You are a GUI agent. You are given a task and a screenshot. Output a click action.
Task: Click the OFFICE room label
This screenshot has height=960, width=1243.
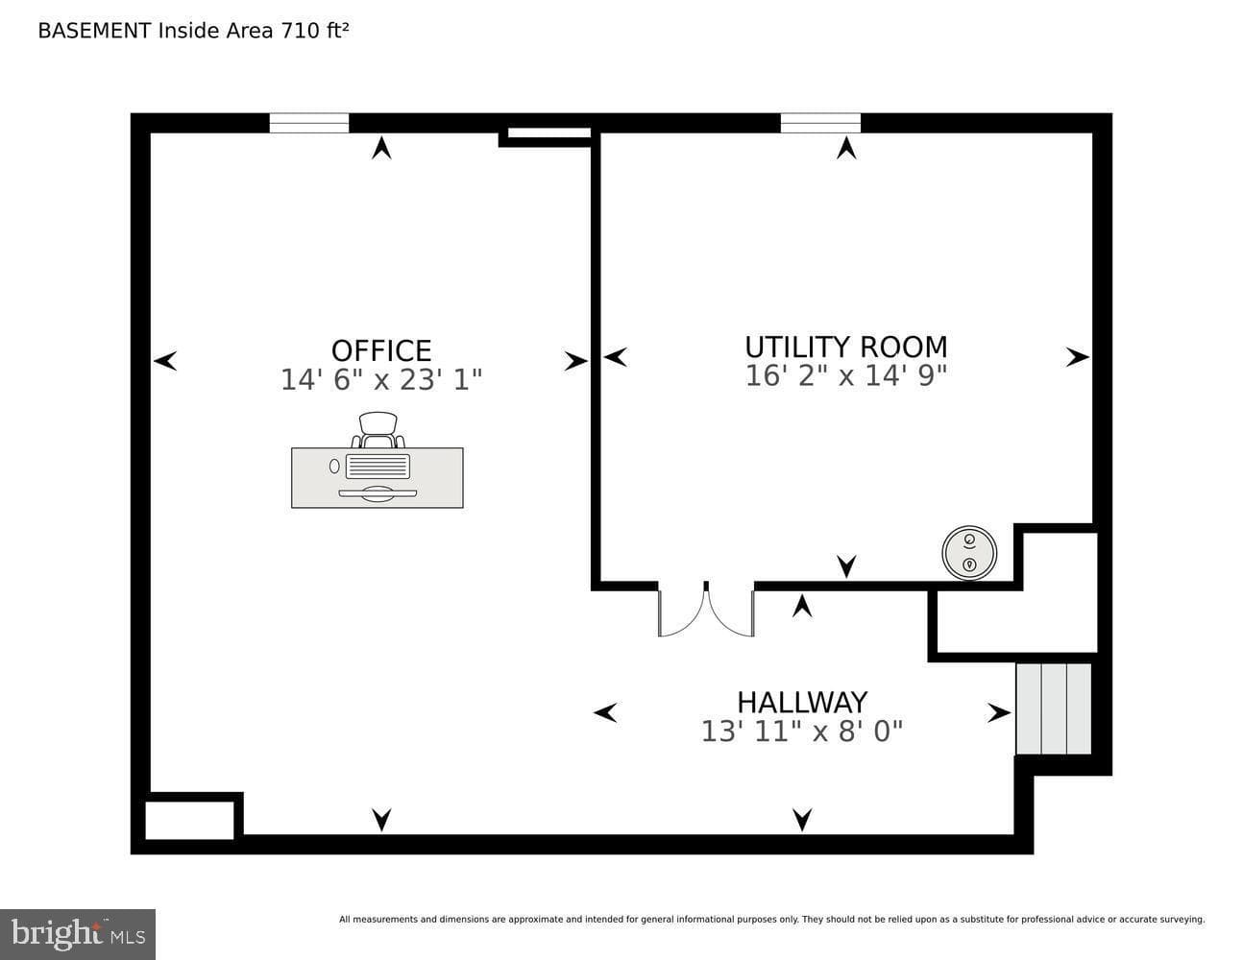[381, 350]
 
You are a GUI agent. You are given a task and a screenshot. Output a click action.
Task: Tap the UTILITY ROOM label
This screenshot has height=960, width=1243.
[846, 347]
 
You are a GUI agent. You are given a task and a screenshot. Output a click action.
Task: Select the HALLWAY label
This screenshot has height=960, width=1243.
[802, 703]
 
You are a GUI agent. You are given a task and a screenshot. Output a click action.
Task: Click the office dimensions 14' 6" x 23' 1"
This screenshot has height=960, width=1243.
[381, 379]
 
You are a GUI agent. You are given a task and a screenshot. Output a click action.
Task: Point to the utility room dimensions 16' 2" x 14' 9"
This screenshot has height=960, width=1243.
[846, 375]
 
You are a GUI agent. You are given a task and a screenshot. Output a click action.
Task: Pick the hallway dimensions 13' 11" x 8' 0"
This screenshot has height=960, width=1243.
[802, 732]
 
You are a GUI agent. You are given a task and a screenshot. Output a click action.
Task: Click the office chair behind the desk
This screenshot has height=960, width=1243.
[378, 430]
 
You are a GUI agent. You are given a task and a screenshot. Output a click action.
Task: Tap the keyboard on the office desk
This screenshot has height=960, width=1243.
[378, 467]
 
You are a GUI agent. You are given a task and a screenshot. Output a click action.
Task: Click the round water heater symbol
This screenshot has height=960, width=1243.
[969, 553]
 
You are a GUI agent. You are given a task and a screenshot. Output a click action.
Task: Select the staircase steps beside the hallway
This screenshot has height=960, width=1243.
[1054, 708]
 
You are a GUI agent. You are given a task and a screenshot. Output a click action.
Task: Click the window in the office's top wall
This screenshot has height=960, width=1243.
[309, 123]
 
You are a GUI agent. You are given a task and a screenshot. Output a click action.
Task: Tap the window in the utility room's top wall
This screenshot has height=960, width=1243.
[820, 123]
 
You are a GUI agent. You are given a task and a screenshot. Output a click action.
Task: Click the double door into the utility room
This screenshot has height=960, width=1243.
[706, 610]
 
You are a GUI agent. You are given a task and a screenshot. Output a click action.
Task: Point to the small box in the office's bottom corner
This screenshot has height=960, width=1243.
[189, 820]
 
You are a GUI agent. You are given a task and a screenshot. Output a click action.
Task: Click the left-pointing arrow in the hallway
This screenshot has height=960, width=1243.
[605, 712]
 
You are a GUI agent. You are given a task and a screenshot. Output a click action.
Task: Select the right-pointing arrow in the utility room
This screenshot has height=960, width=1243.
[1077, 357]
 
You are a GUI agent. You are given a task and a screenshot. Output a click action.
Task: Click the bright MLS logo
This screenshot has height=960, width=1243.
[78, 934]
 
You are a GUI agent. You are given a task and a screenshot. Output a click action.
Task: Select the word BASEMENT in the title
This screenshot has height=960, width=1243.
[94, 31]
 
